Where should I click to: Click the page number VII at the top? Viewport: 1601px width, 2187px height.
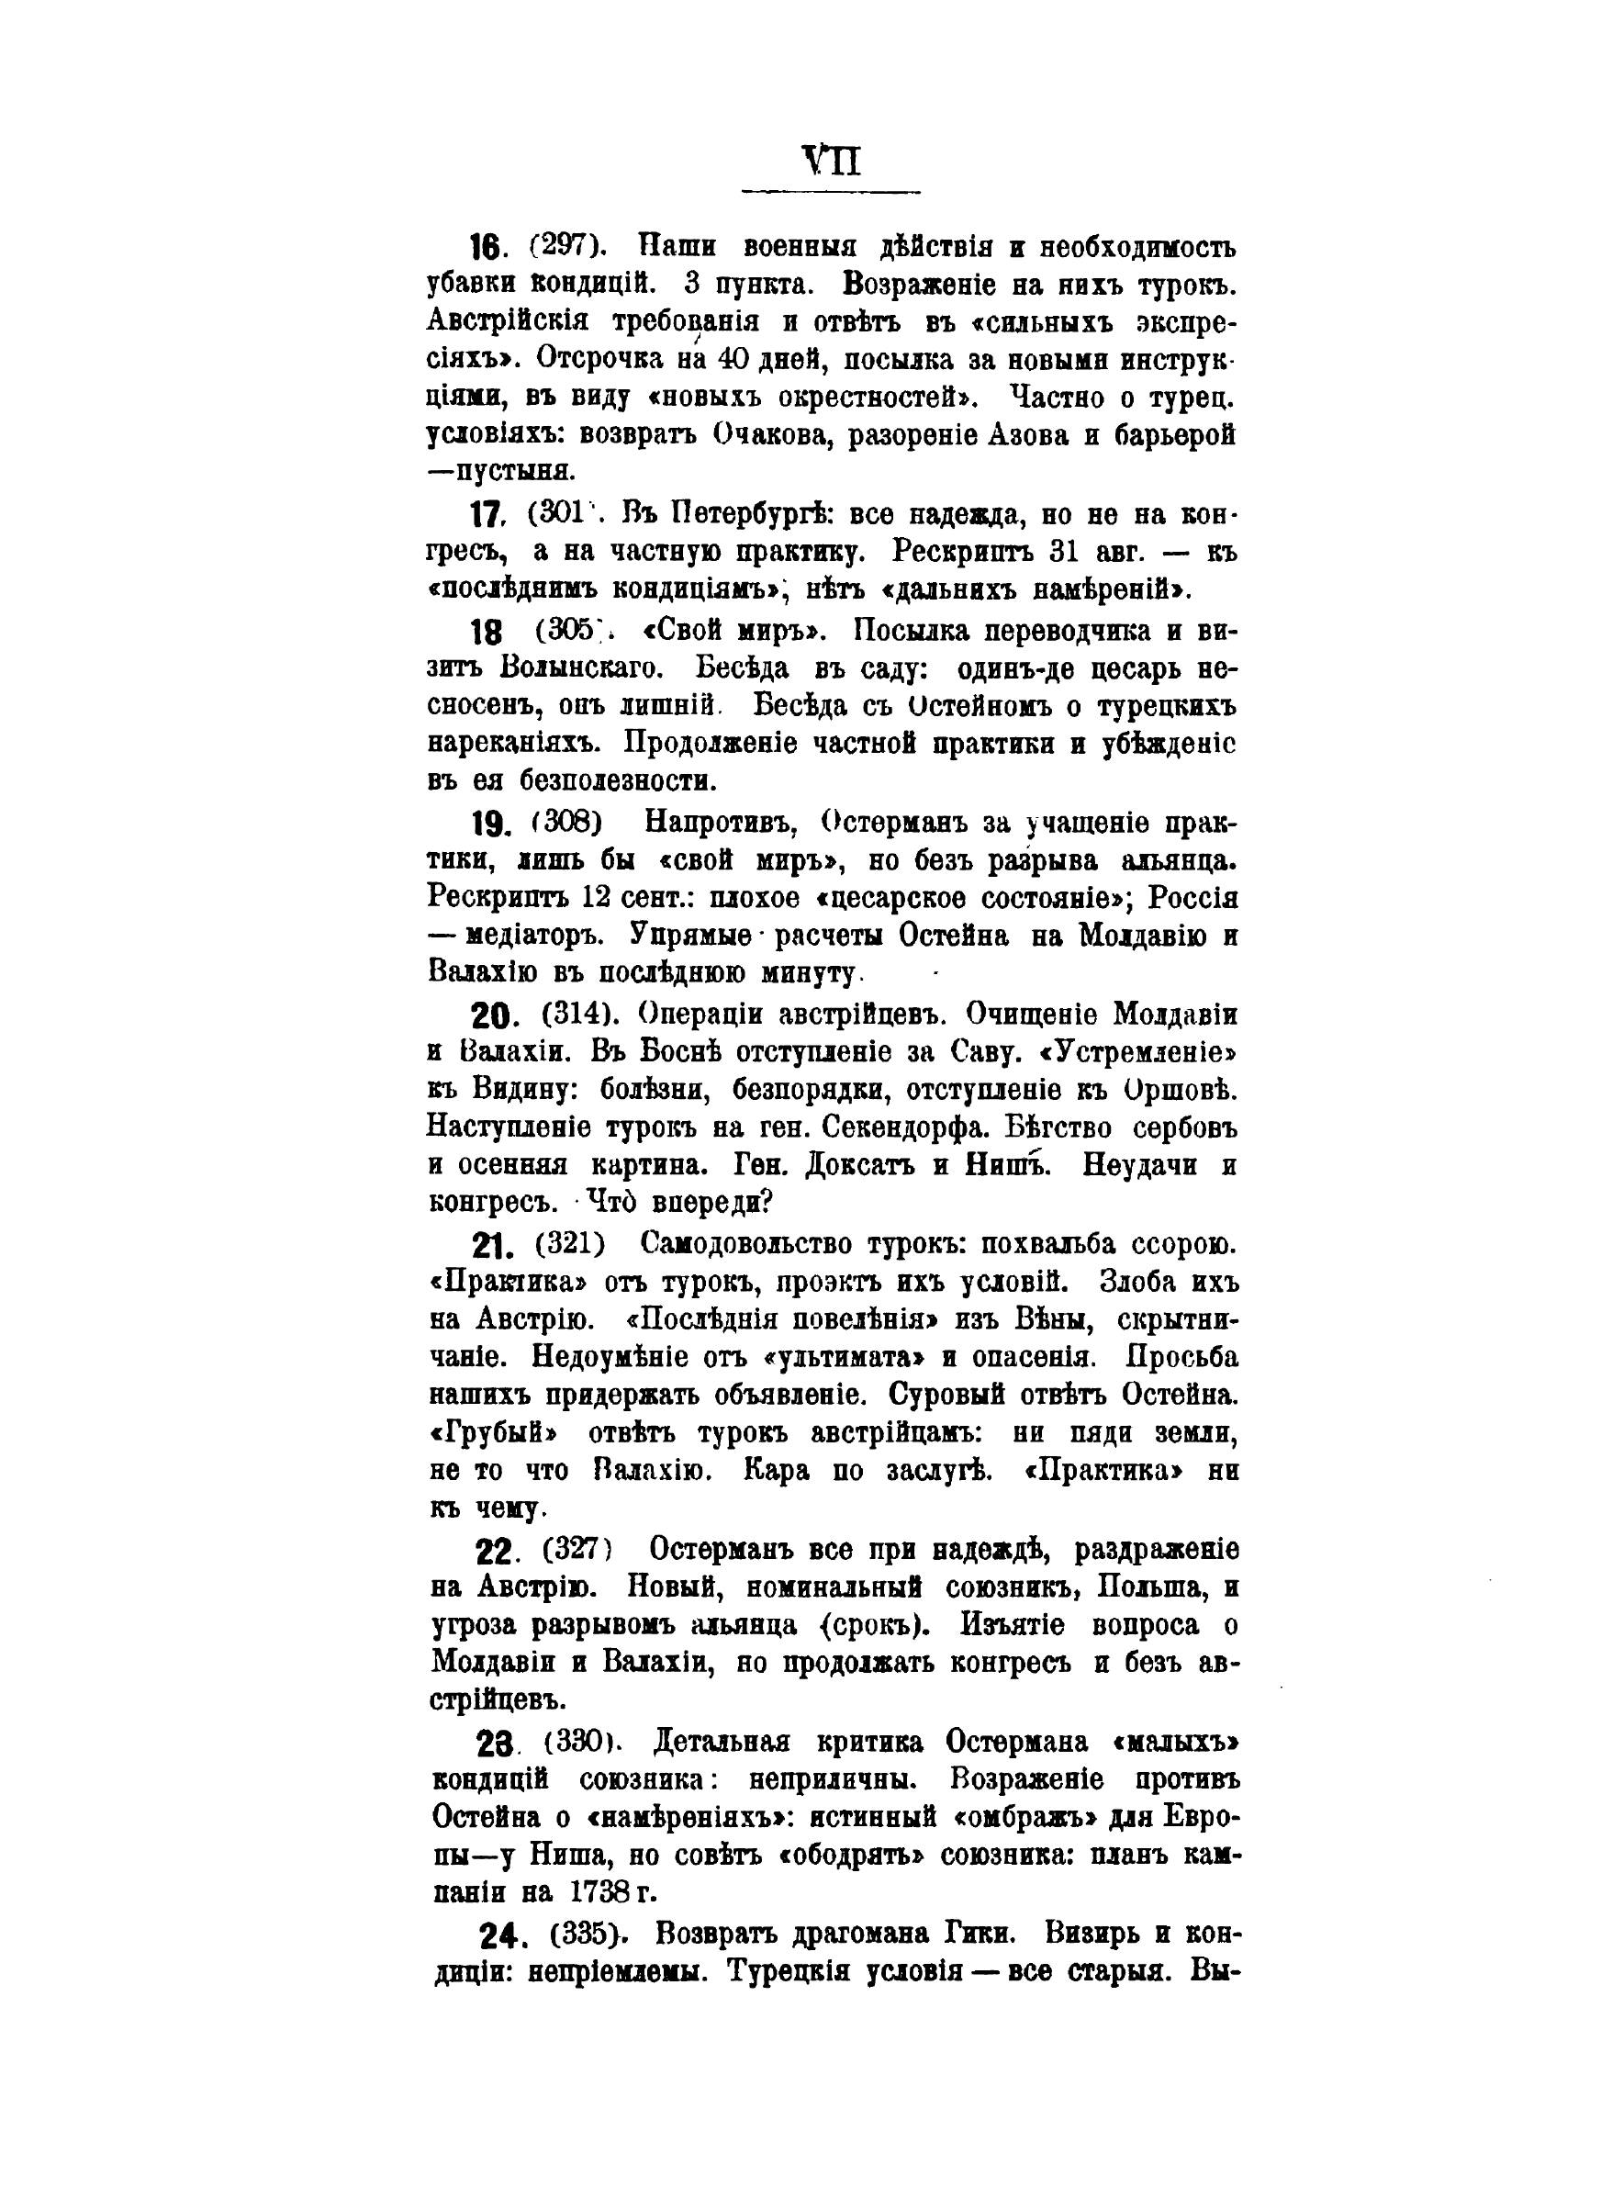click(831, 160)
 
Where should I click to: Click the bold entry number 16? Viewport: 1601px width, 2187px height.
click(487, 248)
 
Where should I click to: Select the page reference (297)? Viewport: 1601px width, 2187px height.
click(568, 246)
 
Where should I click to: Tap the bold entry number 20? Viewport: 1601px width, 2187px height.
click(495, 1015)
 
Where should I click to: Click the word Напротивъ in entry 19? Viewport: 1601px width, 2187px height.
click(721, 823)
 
